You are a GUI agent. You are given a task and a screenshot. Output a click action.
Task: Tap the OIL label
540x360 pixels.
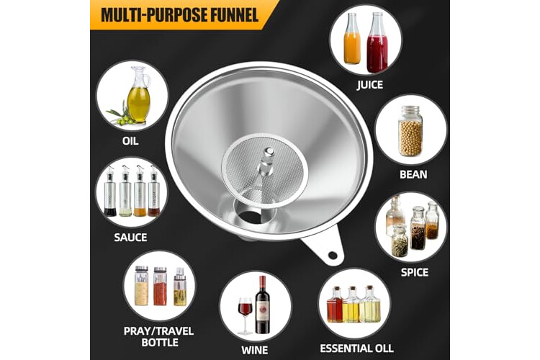(x=130, y=141)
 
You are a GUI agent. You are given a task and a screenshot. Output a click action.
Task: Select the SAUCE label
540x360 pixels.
(x=130, y=238)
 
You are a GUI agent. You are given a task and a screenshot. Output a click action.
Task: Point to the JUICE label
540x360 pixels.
(x=370, y=85)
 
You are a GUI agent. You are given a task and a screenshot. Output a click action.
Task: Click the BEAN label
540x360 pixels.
(x=413, y=174)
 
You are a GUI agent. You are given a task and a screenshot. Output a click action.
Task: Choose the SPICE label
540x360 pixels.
(x=415, y=272)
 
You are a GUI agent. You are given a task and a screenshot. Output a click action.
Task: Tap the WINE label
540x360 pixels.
(x=254, y=351)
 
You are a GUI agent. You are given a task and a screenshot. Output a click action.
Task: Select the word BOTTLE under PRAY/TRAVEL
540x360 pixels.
(x=160, y=343)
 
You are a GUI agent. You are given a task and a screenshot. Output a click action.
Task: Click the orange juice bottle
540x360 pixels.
(x=352, y=39)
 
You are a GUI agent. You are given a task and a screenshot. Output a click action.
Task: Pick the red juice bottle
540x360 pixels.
(x=377, y=42)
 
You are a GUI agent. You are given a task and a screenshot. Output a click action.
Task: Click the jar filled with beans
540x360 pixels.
(x=410, y=131)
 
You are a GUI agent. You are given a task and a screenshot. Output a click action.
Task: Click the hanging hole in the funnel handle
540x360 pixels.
(x=333, y=256)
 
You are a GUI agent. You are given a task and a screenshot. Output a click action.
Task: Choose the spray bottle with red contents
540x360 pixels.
(x=160, y=286)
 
